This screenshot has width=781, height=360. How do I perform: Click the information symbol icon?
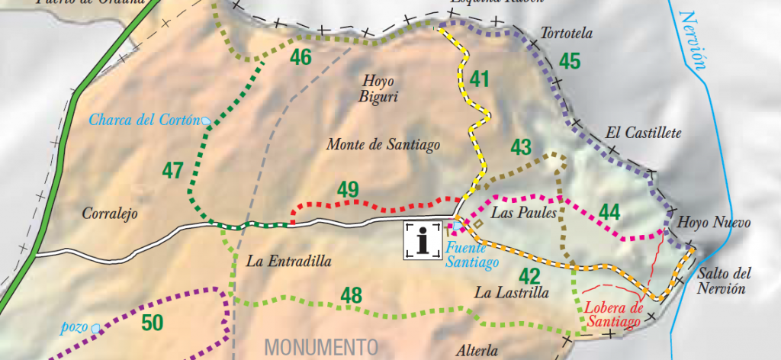pyautogui.click(x=423, y=240)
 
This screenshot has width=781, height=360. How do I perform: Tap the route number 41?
pyautogui.click(x=479, y=79)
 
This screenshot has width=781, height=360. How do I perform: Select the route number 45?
pyautogui.click(x=570, y=61)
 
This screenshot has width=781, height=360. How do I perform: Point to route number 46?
pyautogui.click(x=301, y=57)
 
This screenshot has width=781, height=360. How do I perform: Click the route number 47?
pyautogui.click(x=173, y=169)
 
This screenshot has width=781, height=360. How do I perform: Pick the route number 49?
pyautogui.click(x=348, y=189)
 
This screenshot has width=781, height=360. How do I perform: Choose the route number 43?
pyautogui.click(x=520, y=146)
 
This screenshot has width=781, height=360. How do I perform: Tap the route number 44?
pyautogui.click(x=609, y=211)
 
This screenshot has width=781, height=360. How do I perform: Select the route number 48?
pyautogui.click(x=351, y=294)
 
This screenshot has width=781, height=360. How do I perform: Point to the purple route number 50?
pyautogui.click(x=153, y=323)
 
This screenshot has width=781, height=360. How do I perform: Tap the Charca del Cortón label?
pyautogui.click(x=144, y=120)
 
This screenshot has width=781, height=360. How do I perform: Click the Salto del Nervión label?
pyautogui.click(x=725, y=281)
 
